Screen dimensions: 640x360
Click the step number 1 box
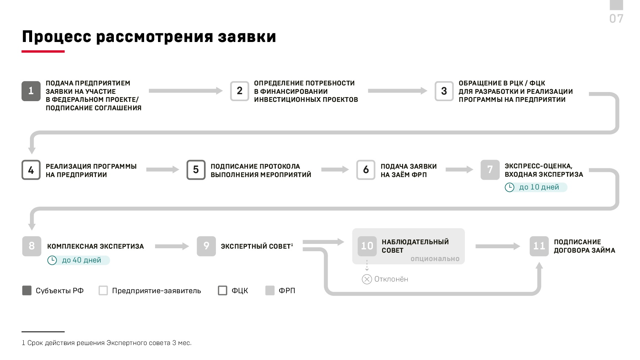(x=31, y=91)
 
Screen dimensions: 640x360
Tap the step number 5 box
(x=196, y=170)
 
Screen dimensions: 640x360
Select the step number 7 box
(x=490, y=170)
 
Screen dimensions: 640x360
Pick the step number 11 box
(x=539, y=246)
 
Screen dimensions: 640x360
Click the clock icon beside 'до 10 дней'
(x=509, y=187)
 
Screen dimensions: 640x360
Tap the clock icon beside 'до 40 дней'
(x=52, y=260)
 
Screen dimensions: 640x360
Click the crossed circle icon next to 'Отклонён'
(x=367, y=279)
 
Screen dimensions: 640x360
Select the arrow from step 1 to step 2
(x=186, y=91)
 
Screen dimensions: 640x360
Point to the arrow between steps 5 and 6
(x=335, y=170)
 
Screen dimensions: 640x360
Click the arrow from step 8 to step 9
(x=172, y=246)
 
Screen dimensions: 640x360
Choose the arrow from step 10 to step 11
(x=498, y=246)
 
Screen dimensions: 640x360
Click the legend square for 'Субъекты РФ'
(x=27, y=291)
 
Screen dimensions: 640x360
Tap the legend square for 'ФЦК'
(x=223, y=291)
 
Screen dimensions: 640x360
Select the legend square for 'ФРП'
(x=270, y=291)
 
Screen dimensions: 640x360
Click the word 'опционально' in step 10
(x=435, y=259)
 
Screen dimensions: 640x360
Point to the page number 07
(x=616, y=19)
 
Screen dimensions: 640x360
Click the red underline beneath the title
(x=43, y=51)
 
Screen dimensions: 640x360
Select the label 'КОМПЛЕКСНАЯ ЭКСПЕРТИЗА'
(x=96, y=246)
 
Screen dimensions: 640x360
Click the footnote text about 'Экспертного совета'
(x=107, y=343)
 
